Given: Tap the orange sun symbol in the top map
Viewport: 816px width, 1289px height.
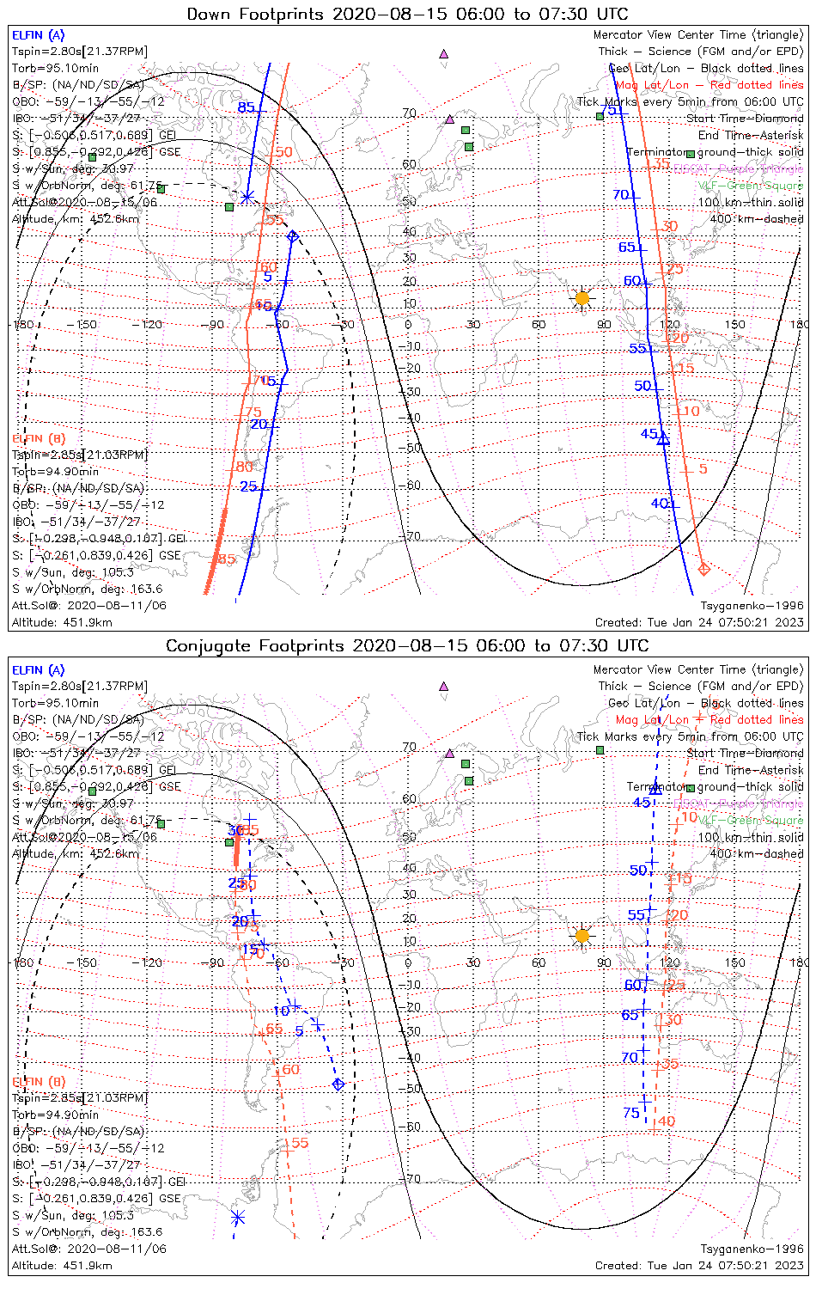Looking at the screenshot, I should (582, 298).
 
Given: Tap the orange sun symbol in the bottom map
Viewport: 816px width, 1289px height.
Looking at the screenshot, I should (582, 935).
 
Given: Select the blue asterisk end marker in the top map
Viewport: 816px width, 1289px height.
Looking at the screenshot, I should (247, 197).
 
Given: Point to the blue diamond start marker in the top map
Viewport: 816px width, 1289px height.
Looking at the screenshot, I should (293, 236).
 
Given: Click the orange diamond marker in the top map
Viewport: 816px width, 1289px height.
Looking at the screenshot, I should (704, 569).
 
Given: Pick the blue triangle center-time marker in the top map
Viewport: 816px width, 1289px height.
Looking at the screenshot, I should (662, 437).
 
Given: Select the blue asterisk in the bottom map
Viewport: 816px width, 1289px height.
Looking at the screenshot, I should (238, 1217).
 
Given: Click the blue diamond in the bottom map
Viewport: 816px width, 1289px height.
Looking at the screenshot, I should (338, 1084).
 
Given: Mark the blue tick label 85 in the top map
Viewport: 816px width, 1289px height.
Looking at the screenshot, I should (247, 107).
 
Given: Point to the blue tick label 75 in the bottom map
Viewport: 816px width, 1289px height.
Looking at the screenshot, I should (631, 1113).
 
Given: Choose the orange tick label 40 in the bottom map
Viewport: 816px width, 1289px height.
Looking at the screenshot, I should (667, 1121).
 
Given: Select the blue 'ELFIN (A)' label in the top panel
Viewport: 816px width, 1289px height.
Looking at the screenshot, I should (38, 35).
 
